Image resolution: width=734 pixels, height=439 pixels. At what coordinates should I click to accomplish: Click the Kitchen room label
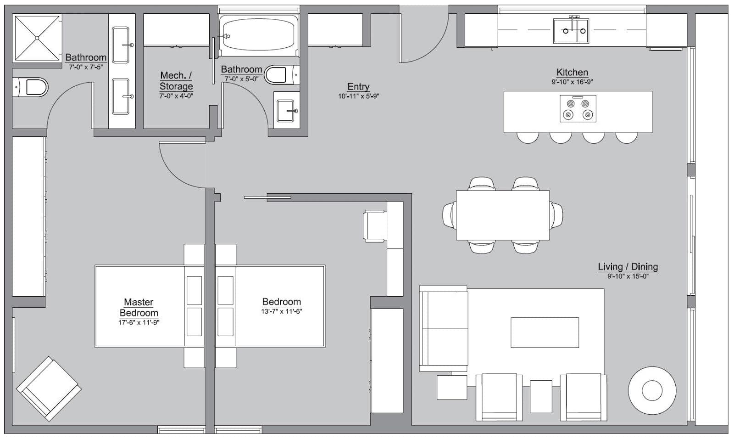[x=572, y=72]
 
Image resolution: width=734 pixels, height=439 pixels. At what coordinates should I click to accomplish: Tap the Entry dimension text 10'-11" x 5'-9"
[x=358, y=96]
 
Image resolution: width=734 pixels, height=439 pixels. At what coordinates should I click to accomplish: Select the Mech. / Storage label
[x=176, y=81]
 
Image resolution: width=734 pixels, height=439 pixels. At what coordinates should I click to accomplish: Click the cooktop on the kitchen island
[x=578, y=109]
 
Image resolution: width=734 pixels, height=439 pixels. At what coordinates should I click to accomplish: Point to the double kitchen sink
[x=571, y=31]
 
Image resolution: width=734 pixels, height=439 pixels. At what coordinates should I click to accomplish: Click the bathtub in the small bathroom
[x=258, y=34]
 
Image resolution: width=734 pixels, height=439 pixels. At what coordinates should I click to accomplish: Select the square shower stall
[x=37, y=38]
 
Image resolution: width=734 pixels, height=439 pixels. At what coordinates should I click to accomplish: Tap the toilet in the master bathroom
[x=32, y=87]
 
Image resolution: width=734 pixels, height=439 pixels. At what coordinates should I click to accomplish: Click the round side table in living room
[x=652, y=390]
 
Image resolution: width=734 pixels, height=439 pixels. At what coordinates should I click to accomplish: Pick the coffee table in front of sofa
[x=545, y=332]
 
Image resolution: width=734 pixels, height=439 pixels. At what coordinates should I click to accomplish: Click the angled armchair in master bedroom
[x=49, y=388]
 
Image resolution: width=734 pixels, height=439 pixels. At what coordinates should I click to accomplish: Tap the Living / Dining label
[x=628, y=267]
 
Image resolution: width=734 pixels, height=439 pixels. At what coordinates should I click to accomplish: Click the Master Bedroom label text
[x=139, y=307]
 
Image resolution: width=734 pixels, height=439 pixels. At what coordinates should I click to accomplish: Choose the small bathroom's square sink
[x=286, y=111]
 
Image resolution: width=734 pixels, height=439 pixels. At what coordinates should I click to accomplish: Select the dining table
[x=502, y=215]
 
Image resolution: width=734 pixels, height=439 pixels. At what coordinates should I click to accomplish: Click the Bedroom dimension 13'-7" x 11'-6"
[x=281, y=311]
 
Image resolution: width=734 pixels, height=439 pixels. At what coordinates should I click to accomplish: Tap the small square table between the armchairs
[x=541, y=396]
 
